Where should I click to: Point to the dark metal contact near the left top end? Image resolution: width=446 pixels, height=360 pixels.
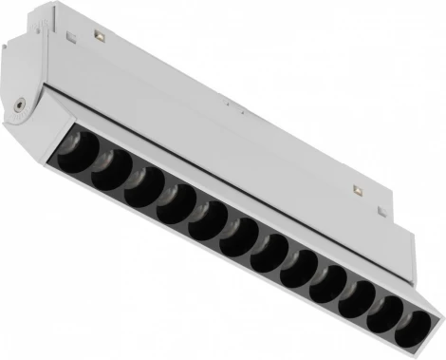coord(98,36)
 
